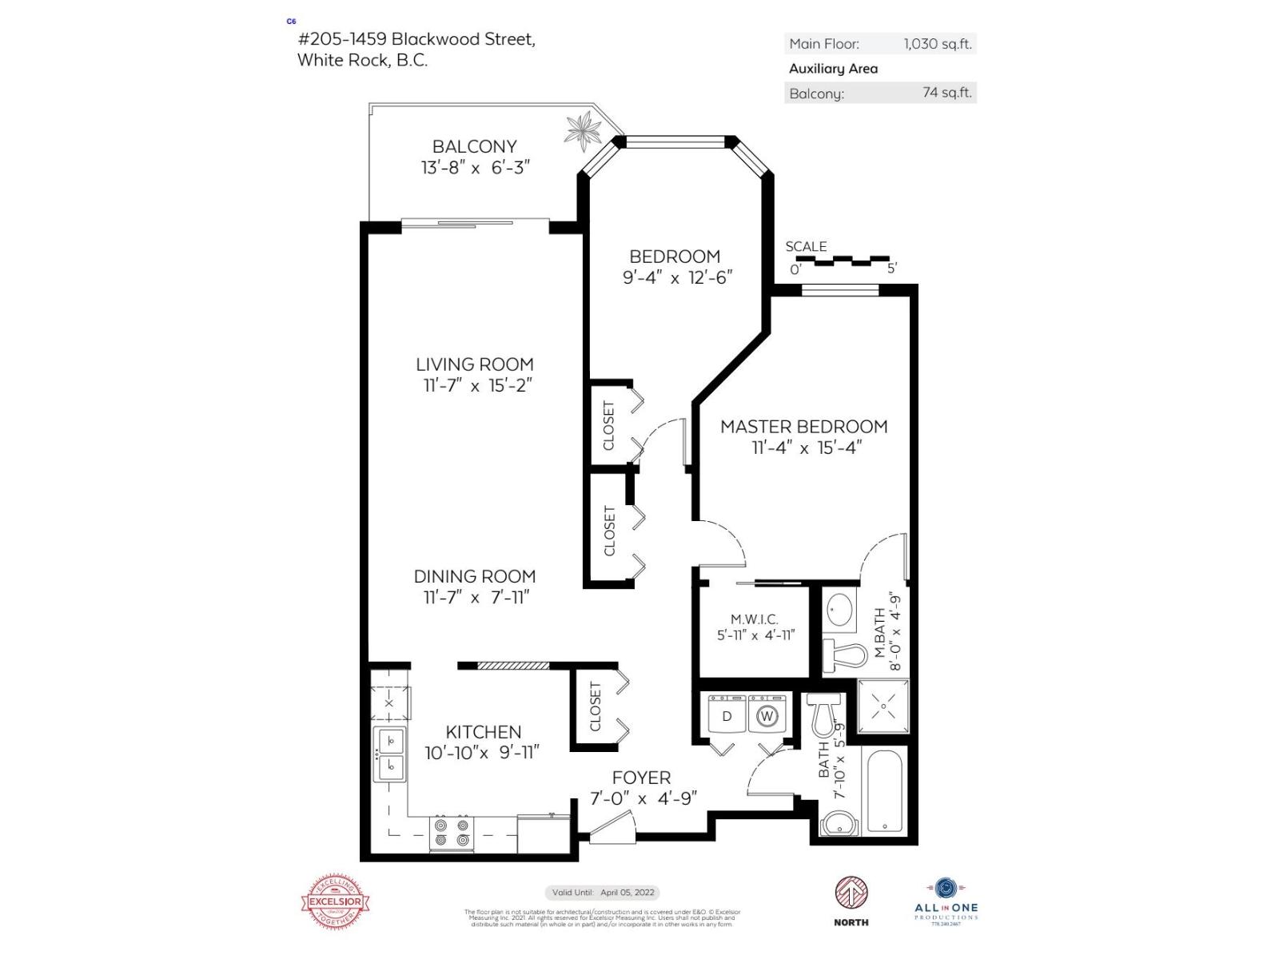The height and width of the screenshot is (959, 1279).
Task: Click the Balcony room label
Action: pos(475,147)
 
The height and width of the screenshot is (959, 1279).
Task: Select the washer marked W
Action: pos(767,715)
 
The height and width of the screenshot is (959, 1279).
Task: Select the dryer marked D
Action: pos(727,715)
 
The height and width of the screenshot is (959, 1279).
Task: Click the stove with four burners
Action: pos(451,832)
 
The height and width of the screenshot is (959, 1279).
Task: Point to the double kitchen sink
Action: pos(390,754)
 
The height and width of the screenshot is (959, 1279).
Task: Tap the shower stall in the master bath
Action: pos(883,706)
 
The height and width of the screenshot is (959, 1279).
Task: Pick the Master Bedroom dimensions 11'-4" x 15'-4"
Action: pos(805,448)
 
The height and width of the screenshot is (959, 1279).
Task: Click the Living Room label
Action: pos(475,364)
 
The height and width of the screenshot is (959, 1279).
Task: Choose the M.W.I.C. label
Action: pos(754,619)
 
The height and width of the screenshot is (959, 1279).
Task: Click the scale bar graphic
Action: pos(843,261)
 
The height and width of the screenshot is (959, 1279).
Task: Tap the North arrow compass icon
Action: pos(851,893)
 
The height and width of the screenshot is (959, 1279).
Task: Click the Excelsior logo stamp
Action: pos(336,902)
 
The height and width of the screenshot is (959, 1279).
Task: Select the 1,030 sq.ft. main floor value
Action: pos(937,44)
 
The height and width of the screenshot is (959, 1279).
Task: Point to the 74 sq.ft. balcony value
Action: pos(946,93)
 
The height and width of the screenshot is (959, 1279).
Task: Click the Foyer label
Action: pos(641,778)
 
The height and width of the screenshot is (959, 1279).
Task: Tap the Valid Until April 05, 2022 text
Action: pos(603,893)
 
